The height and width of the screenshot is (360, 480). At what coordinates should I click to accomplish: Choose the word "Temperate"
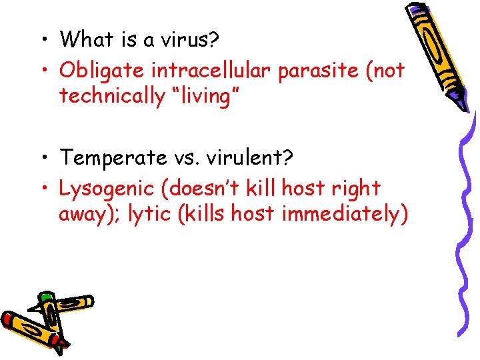pyautogui.click(x=113, y=158)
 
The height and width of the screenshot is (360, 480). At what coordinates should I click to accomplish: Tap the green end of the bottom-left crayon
pyautogui.click(x=45, y=296)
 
